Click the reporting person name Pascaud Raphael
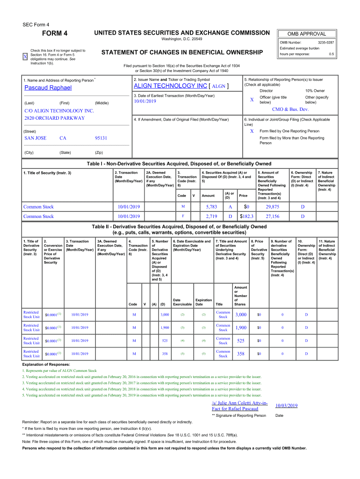click(x=48, y=88)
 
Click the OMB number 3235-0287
click(x=325, y=43)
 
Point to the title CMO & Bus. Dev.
click(x=290, y=109)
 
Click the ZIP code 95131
click(x=101, y=138)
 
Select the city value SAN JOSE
click(x=35, y=138)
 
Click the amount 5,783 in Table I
click(x=211, y=207)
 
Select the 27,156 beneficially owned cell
click(x=272, y=217)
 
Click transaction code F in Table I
click(x=183, y=217)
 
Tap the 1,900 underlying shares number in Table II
click(x=241, y=328)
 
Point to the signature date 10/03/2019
click(x=287, y=406)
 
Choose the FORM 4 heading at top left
click(x=55, y=33)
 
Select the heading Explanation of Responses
click(x=46, y=364)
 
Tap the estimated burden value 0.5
click(x=331, y=54)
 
